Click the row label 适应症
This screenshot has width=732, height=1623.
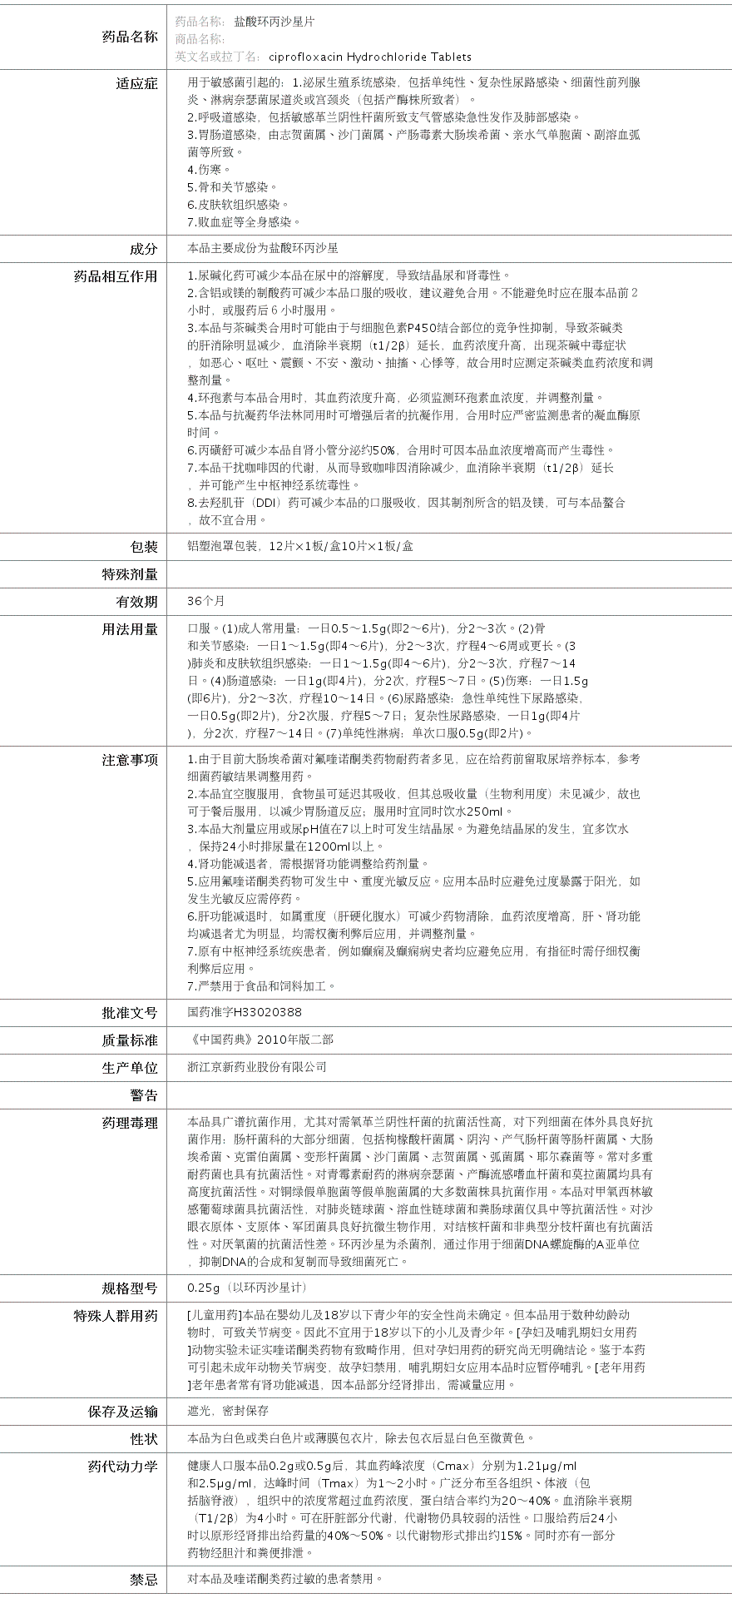point(136,83)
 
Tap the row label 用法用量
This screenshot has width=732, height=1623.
point(129,629)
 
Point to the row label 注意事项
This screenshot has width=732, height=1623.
point(129,760)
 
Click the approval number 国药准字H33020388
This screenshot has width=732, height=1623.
point(245,1012)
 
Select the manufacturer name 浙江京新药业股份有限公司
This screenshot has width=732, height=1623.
point(257,1067)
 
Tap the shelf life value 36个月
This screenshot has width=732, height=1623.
point(206,601)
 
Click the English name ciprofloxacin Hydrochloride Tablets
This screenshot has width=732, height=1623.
point(370,57)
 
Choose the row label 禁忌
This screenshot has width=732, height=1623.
point(143,1579)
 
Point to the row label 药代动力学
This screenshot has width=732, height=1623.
point(122,1467)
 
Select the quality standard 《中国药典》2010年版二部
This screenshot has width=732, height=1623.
point(260,1040)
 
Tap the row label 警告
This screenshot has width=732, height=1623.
point(143,1095)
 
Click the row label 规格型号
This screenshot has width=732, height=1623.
point(129,1288)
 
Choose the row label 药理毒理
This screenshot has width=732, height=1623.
point(129,1123)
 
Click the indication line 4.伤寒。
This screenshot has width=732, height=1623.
point(209,170)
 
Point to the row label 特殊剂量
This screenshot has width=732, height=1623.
point(129,574)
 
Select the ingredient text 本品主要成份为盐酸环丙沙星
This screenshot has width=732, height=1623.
point(263,248)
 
